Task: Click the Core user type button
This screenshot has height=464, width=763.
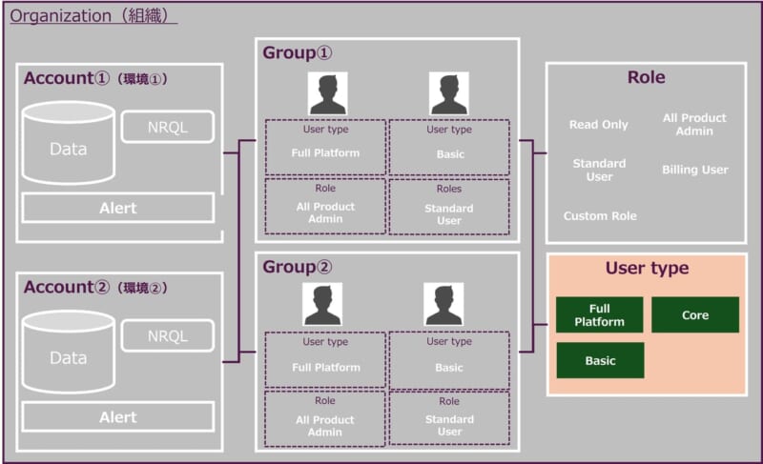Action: coord(694,314)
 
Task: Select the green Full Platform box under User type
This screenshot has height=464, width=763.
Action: coord(599,314)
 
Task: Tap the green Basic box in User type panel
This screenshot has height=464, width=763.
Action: coord(599,361)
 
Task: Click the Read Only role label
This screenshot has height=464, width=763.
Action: coord(598,125)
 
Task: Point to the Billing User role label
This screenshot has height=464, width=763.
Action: coord(694,170)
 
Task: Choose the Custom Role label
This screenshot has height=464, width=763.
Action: coord(599,216)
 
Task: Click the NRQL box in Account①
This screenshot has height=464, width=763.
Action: coord(167,127)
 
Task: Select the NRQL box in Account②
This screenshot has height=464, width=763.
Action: coord(167,336)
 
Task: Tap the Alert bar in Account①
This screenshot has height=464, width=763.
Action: coord(118,208)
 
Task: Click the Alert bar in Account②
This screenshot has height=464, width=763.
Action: coord(118,417)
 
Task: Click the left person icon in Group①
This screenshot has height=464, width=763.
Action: coord(327,93)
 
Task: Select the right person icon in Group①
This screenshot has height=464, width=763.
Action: coord(448,93)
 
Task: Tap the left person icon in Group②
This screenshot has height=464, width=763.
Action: coord(322,304)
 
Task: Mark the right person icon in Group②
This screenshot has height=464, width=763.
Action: coord(443,304)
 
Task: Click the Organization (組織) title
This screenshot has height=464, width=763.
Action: coord(93,16)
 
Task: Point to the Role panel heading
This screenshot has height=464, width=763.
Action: coord(646,78)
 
